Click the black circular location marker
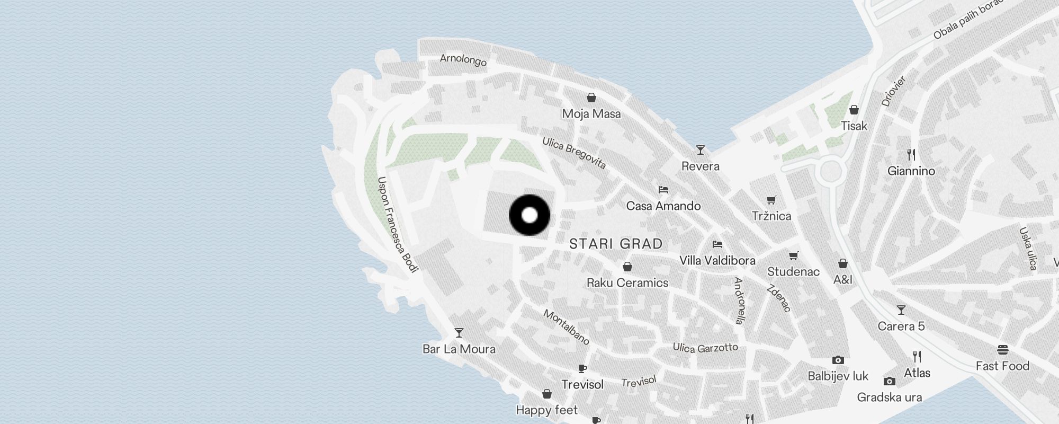[x=529, y=215]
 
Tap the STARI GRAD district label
[x=616, y=244]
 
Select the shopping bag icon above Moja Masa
[x=591, y=98]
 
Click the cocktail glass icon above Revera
[x=701, y=150]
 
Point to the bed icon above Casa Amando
[x=663, y=189]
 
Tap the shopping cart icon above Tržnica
[x=771, y=200]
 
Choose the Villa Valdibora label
[x=717, y=261]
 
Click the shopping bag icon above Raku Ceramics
[x=627, y=267]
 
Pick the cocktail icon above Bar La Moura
[x=459, y=333]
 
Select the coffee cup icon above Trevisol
[x=582, y=368]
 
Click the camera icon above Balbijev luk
[x=838, y=360]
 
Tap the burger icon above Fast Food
[x=1002, y=350]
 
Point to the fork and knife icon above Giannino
[x=911, y=155]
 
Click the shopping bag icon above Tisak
[x=854, y=110]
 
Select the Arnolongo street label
[x=463, y=60]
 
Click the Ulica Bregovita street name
[x=574, y=153]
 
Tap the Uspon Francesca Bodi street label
[x=398, y=224]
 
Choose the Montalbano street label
[x=567, y=327]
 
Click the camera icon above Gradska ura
[x=890, y=381]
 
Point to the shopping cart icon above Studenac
[x=793, y=256]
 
